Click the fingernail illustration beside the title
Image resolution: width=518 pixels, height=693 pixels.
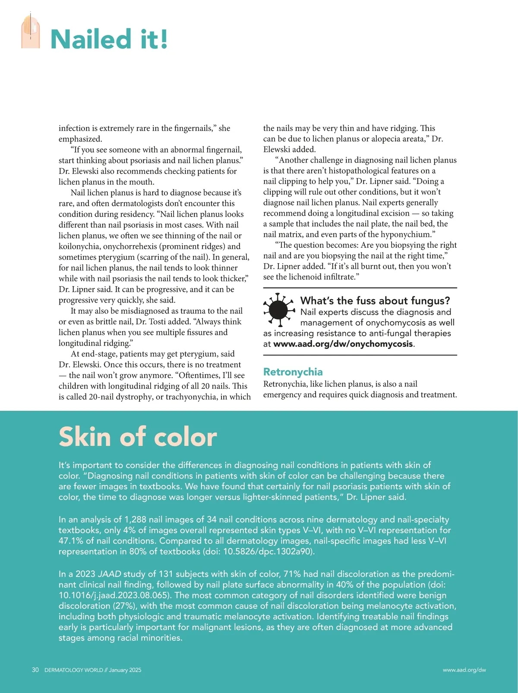tap(30, 31)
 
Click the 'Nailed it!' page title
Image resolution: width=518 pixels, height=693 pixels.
tap(109, 39)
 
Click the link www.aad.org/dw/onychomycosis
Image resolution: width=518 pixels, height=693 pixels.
tap(343, 344)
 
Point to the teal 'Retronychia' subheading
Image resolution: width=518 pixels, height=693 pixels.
tap(293, 372)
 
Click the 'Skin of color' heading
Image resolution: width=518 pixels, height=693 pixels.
tap(137, 437)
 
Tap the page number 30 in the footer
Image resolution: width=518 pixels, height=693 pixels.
tap(35, 670)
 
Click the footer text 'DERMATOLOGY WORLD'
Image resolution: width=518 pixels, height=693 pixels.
tap(73, 670)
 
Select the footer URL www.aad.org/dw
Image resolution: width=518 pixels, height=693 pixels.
tap(464, 670)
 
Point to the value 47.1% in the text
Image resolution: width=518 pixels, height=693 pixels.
tap(72, 541)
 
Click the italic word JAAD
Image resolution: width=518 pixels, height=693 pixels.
tap(109, 574)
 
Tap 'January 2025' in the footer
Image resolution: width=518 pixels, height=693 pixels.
tap(125, 670)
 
